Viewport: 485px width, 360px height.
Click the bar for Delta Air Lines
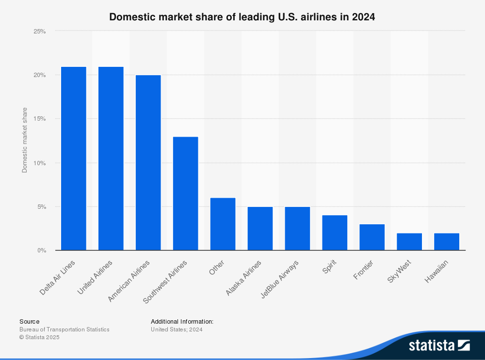73,158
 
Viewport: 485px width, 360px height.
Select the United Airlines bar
111,158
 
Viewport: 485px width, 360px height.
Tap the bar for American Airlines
148,163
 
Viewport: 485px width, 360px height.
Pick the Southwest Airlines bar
185,193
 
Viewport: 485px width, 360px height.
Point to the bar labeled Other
223,224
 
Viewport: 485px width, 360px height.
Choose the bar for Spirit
335,233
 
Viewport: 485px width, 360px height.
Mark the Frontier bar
372,237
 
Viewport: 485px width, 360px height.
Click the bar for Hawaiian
447,242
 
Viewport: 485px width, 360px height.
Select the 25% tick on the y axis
40,31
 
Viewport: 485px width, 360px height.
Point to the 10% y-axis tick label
40,163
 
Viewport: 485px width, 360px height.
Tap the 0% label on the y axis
42,250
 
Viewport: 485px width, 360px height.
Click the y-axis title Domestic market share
25,140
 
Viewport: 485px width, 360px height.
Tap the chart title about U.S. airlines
242,17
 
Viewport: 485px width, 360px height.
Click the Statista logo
439,345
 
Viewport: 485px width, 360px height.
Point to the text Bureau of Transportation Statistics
65,329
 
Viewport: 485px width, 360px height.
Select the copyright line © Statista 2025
39,337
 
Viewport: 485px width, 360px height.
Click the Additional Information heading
182,321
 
